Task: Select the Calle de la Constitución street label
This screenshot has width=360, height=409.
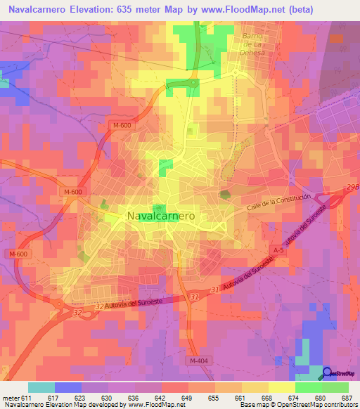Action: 278,205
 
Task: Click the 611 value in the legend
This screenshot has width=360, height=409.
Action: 27,398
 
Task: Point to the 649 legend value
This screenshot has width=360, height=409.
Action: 186,398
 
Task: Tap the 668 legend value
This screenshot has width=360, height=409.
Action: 266,398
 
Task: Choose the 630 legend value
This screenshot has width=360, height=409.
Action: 106,398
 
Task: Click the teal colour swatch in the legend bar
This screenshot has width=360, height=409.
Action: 41,387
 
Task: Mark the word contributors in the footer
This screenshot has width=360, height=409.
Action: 339,405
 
